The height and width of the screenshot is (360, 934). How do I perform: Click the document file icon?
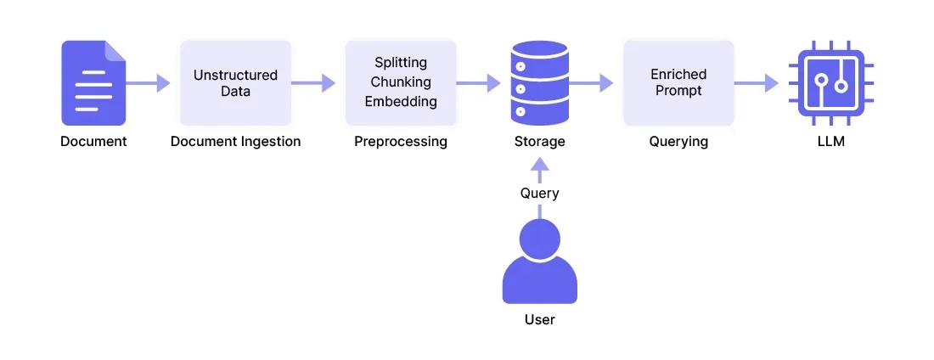[93, 82]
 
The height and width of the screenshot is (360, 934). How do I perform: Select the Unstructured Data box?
[235, 82]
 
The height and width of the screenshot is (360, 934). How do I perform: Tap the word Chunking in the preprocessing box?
[400, 82]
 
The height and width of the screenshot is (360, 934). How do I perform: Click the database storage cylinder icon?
[539, 82]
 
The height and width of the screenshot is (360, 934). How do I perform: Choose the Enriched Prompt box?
[678, 82]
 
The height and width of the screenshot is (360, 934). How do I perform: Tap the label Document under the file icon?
[93, 142]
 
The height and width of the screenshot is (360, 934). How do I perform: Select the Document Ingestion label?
[235, 142]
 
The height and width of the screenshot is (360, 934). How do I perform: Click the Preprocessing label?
[400, 142]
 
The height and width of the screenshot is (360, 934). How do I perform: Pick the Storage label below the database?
[539, 142]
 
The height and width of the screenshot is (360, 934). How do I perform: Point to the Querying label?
[678, 142]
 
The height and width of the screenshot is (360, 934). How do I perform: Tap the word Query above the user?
[539, 193]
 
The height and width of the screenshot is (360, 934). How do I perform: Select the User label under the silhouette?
[539, 320]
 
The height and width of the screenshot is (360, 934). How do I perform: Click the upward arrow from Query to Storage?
[539, 170]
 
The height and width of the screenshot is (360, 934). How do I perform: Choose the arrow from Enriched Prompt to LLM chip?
[757, 82]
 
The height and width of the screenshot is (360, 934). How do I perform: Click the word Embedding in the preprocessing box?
[400, 101]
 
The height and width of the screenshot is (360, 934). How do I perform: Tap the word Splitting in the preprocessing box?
[400, 64]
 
